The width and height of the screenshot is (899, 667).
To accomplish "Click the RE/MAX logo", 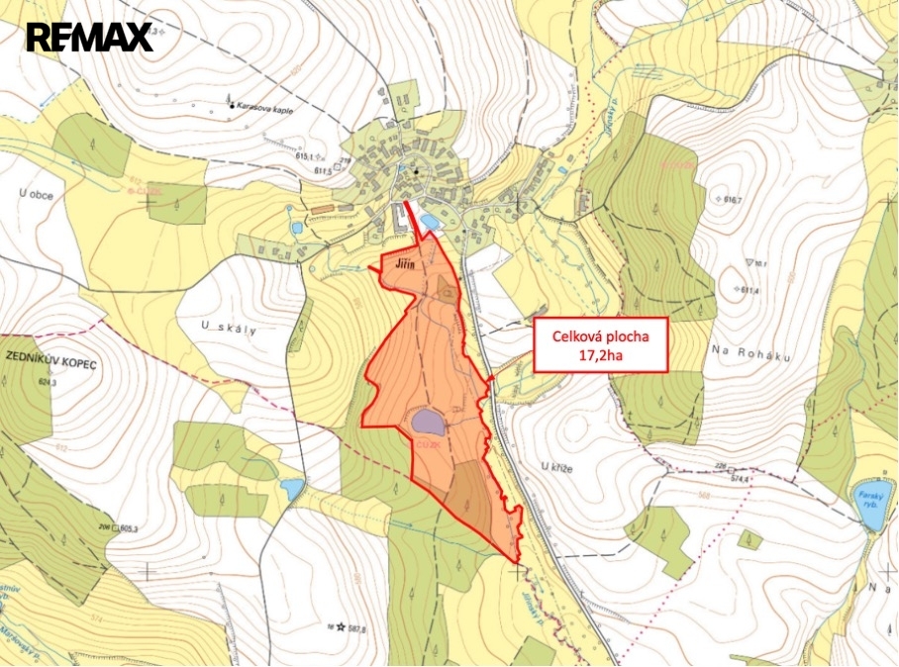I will pos(89,38).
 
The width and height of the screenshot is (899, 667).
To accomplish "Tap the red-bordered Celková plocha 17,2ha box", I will pos(598,345).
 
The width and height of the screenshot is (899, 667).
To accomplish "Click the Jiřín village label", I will pos(409,266).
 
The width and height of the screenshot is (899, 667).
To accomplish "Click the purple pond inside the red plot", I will pos(427,423).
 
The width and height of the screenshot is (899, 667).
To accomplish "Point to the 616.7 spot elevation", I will pos(733,199).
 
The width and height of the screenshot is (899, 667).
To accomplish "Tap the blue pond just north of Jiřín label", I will pos(429,221).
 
